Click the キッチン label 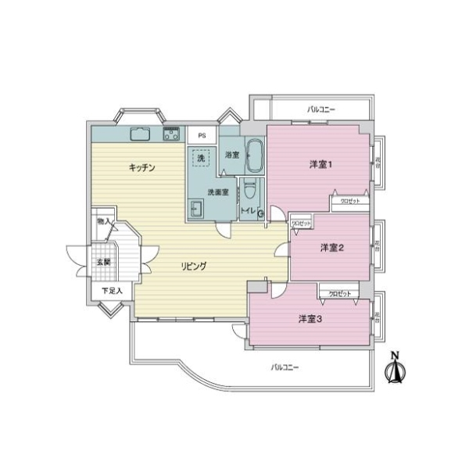(141, 168)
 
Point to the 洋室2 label (332, 248)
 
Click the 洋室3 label (310, 319)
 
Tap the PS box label (202, 135)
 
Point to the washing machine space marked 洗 (201, 159)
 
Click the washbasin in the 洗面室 (197, 209)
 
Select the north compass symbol (396, 370)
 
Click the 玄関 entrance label (103, 262)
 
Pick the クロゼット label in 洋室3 (339, 293)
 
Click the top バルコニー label (321, 109)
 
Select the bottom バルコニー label (285, 367)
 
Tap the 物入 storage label (103, 223)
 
